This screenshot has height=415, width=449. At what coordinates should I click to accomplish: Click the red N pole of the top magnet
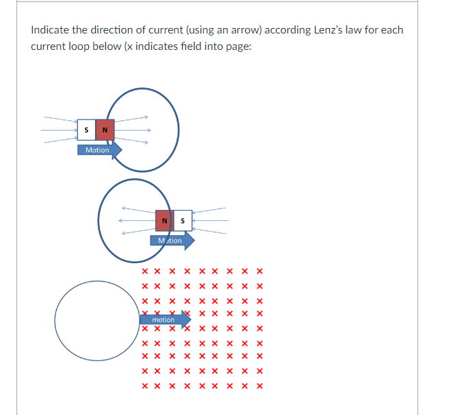tap(105, 129)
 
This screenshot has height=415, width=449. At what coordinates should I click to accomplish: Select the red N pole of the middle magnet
tap(164, 221)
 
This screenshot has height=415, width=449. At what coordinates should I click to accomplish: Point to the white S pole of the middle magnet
tap(183, 221)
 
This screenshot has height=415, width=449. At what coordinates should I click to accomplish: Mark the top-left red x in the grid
tap(145, 271)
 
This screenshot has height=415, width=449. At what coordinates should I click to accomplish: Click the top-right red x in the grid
tap(259, 271)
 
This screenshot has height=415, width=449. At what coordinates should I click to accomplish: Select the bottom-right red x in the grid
tap(259, 386)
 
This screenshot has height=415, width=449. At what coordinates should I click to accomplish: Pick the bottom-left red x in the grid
tap(145, 386)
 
